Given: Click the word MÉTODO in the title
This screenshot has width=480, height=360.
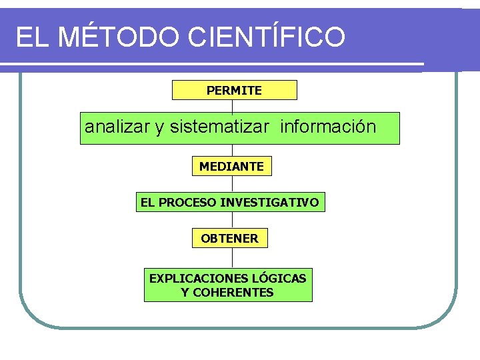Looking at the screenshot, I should (x=118, y=37).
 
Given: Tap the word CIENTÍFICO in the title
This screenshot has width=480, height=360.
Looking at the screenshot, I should (x=267, y=37).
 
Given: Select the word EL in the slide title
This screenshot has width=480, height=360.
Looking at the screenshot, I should (x=31, y=37).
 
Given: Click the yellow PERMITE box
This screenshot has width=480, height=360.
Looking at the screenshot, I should (x=234, y=90).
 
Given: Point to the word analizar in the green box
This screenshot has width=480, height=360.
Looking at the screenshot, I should (x=117, y=127).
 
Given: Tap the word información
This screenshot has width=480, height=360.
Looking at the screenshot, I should (x=328, y=127).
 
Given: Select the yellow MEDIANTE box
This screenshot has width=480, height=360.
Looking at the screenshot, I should (x=231, y=166).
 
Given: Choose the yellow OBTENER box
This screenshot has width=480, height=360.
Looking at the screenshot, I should (x=229, y=238).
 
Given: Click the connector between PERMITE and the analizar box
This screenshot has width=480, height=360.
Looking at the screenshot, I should (x=232, y=106).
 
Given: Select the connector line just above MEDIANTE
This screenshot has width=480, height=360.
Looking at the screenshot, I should (x=232, y=150).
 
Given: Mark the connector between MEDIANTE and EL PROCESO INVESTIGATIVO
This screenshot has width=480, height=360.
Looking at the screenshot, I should (x=232, y=184).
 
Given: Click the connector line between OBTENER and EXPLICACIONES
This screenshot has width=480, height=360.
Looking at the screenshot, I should (x=232, y=257).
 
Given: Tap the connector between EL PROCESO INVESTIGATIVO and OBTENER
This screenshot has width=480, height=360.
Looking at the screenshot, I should (x=232, y=220).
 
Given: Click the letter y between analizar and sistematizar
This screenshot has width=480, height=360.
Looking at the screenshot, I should (x=160, y=128).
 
